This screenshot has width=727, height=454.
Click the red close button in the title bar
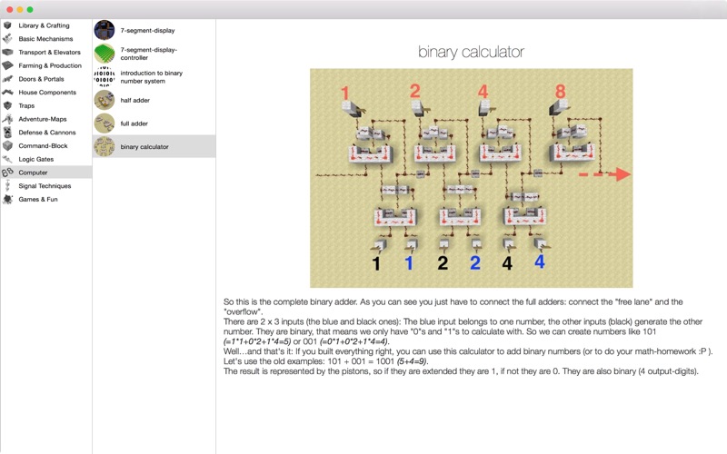9,10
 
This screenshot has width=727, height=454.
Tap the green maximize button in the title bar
30,10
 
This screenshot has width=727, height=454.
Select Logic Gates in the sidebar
36,159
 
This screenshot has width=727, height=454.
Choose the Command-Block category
43,145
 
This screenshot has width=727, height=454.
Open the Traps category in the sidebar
26,105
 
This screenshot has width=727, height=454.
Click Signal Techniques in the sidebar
45,186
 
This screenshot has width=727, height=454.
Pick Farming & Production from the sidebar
50,65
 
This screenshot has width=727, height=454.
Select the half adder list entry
134,100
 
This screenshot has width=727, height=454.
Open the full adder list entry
134,123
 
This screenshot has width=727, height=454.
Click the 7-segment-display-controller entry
149,54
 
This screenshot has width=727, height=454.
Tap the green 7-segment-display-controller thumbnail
105,54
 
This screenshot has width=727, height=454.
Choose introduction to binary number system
152,77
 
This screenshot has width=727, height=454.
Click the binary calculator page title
471,52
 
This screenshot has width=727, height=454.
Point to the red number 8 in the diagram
561,92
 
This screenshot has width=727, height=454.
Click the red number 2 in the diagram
415,91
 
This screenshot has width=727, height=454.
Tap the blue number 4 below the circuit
540,262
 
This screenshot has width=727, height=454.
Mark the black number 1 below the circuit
376,263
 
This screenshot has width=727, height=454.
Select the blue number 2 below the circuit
475,263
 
